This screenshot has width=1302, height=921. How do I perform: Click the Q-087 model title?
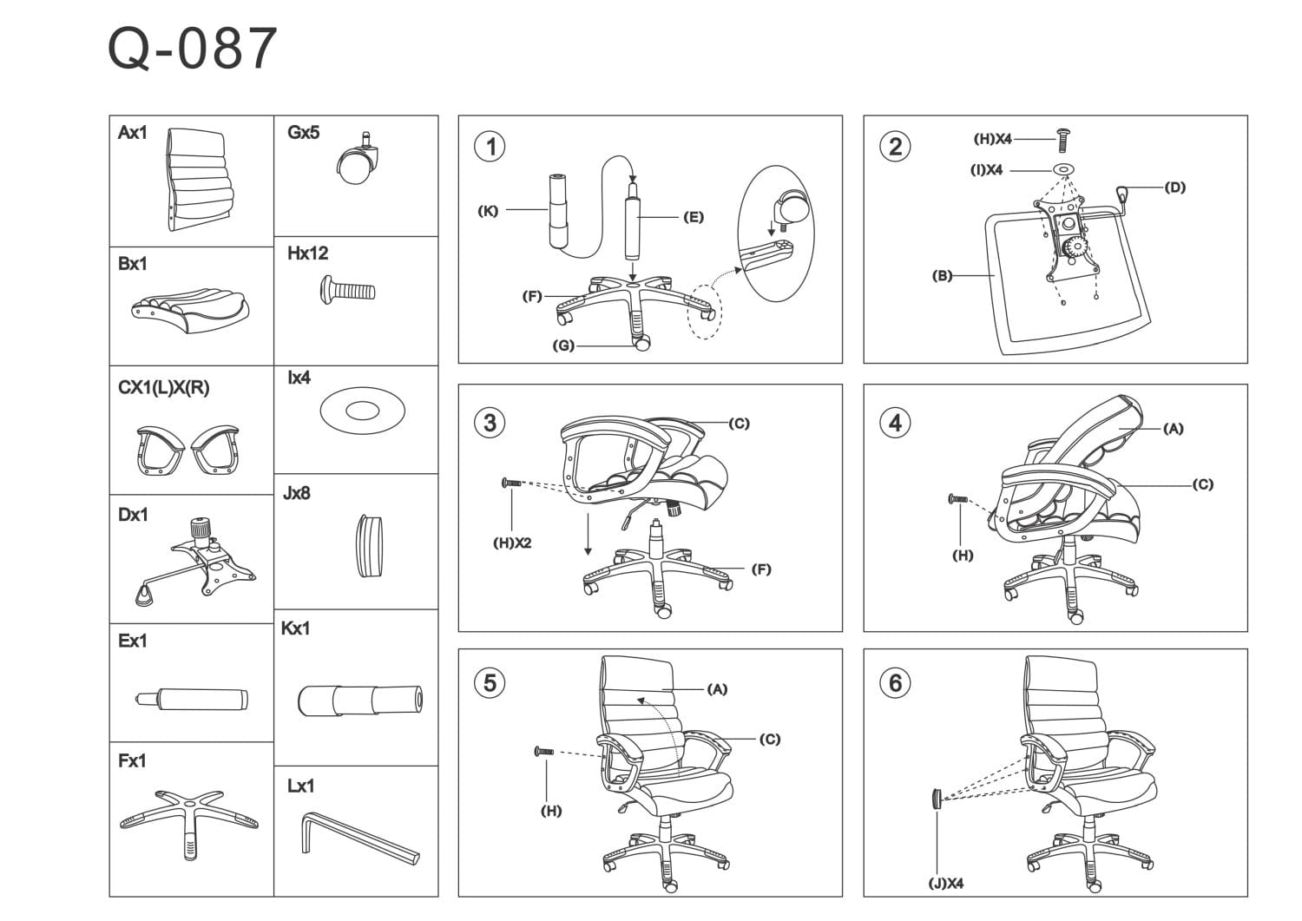tap(192, 49)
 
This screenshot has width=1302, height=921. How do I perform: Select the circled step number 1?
tap(490, 146)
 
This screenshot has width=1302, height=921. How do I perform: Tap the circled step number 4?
tap(895, 423)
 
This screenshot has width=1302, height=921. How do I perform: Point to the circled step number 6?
tap(895, 683)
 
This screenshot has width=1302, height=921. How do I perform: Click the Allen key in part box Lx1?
tap(359, 837)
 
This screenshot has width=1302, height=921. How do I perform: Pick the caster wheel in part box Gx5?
tap(358, 161)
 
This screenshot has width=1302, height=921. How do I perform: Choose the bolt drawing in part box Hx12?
tap(347, 288)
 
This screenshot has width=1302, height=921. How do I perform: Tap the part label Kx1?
tap(295, 628)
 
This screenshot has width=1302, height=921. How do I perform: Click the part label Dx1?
tap(133, 515)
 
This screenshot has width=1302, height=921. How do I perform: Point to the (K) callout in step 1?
tap(489, 211)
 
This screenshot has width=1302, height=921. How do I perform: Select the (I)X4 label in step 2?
tap(986, 170)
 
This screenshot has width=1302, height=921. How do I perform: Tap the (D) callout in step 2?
tap(1174, 187)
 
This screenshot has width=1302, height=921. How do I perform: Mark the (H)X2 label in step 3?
tap(512, 543)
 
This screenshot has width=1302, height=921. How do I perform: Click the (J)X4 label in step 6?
tap(945, 884)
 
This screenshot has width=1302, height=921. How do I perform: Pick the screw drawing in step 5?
tap(543, 751)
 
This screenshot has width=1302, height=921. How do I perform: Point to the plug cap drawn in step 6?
tap(937, 797)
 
